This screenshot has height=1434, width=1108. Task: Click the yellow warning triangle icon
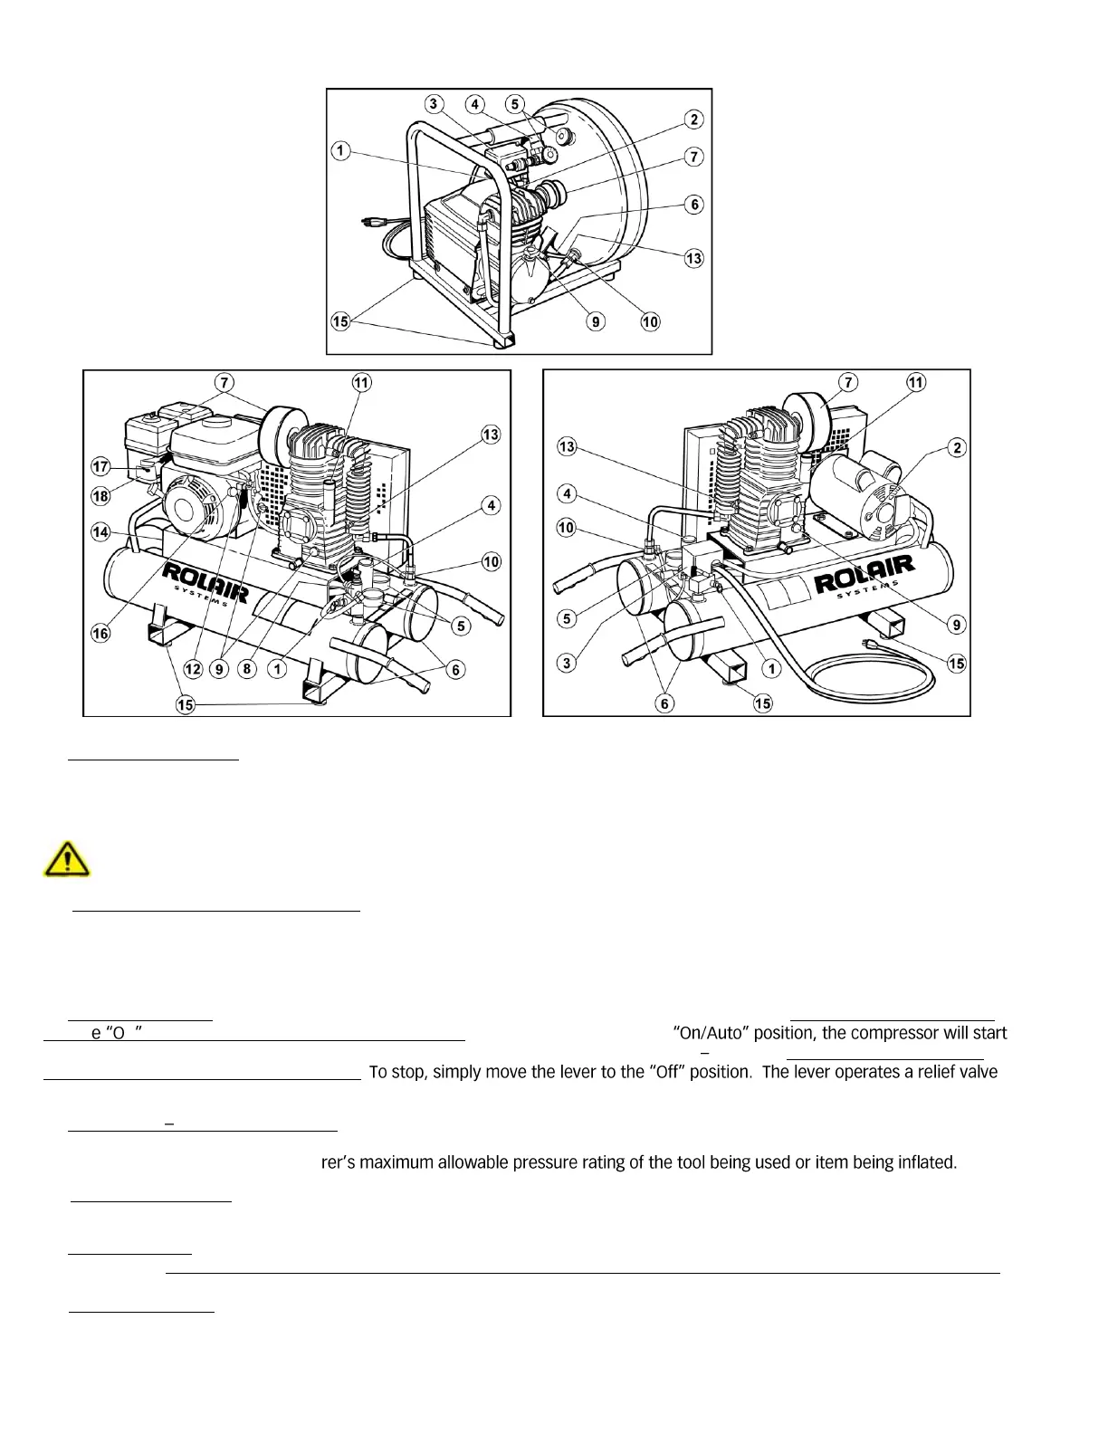pos(66,858)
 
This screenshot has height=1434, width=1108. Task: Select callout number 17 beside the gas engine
pos(100,467)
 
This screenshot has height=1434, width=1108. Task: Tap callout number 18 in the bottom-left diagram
pos(100,495)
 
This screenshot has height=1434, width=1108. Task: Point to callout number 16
pos(100,634)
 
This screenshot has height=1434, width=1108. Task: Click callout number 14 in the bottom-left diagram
pos(100,532)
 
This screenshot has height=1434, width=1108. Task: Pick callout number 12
pos(193,669)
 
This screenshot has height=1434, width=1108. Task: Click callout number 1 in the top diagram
pos(340,150)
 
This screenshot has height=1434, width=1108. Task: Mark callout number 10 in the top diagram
pos(650,321)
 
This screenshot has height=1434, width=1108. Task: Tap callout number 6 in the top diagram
pos(694,205)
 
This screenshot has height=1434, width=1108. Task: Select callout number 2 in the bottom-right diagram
pos(958,447)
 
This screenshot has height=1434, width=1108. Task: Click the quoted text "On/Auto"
pos(711,1033)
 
